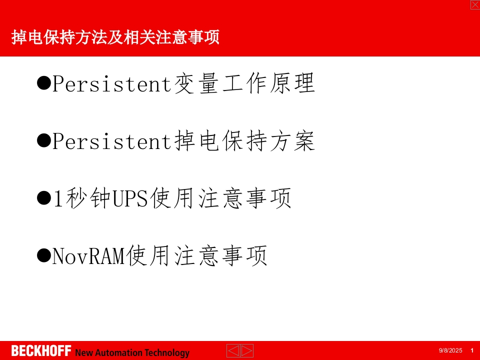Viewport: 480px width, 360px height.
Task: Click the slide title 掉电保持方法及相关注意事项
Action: (115, 38)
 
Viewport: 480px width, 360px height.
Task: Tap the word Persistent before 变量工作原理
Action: (112, 84)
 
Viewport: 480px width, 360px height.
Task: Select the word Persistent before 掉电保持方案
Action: (112, 142)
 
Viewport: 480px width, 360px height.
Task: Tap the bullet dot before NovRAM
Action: (44, 255)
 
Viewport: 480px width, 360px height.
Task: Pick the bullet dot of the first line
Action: (44, 83)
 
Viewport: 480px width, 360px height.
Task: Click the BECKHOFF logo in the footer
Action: (41, 351)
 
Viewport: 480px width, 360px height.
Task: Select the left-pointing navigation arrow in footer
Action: (233, 351)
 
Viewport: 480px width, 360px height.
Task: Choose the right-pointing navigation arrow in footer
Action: (247, 351)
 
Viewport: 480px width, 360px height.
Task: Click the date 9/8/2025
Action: (450, 351)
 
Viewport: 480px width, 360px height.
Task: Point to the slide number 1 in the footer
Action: (471, 351)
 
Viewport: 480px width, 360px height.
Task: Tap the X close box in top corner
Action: (475, 4)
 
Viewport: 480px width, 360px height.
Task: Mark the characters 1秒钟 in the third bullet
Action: (82, 199)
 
